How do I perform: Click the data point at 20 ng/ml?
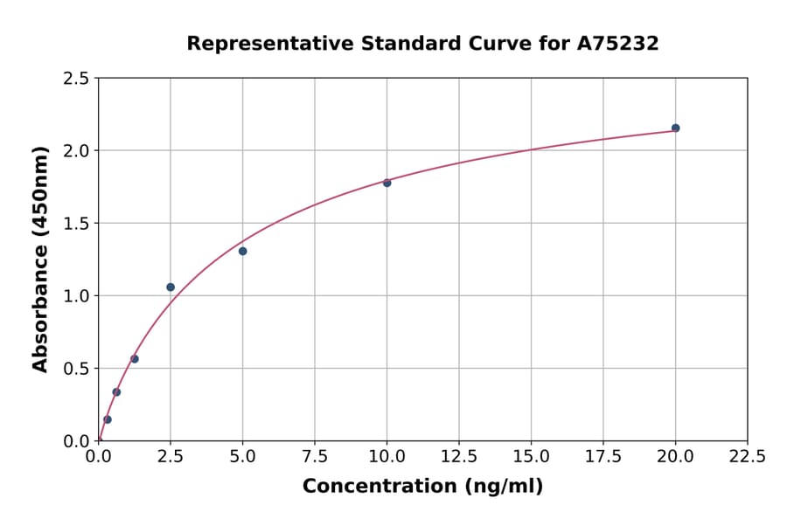[675, 128]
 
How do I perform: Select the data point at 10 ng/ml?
[387, 183]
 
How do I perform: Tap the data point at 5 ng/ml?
[242, 252]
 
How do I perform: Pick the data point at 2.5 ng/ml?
[171, 287]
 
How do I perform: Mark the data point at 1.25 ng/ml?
[135, 359]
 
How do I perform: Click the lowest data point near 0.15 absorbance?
[108, 419]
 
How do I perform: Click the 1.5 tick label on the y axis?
[77, 224]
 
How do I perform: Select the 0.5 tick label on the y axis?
[77, 369]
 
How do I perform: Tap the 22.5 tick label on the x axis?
[747, 457]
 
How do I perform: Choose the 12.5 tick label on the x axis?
[458, 457]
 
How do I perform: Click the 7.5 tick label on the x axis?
[315, 457]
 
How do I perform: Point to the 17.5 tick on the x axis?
[602, 457]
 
